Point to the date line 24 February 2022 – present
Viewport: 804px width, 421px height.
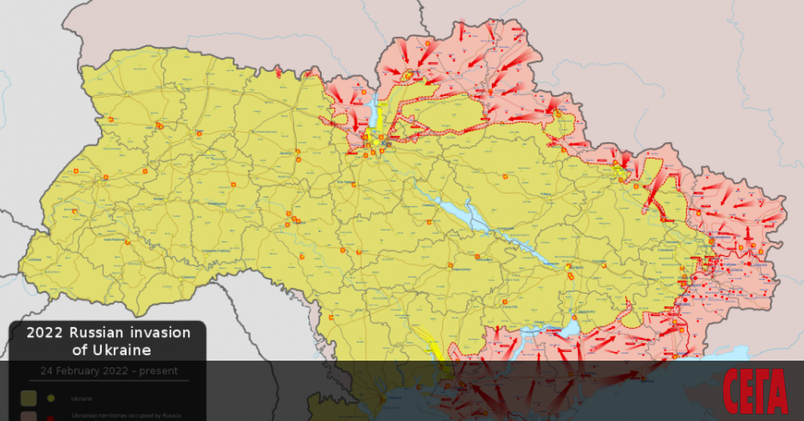coord(108,371)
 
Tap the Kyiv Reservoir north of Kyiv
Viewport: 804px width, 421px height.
coord(372,111)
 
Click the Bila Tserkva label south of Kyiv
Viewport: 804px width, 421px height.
coord(346,182)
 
